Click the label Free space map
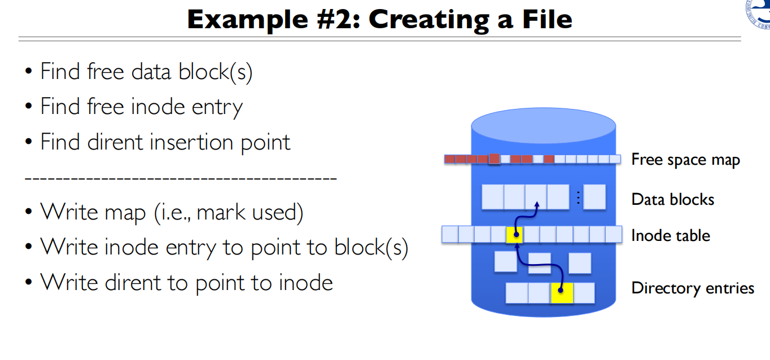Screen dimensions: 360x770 (685, 160)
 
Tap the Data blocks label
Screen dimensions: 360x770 (673, 199)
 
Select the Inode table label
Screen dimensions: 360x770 (671, 235)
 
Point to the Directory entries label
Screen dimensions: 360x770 (693, 288)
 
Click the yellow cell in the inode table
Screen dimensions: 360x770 (515, 234)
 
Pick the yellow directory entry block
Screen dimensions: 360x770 (562, 293)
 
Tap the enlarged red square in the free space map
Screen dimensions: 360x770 (495, 159)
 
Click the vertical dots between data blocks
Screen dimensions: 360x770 (578, 197)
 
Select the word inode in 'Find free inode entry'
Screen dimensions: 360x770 (158, 106)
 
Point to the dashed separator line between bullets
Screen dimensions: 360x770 (181, 178)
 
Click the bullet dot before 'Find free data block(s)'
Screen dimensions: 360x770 (28, 73)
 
